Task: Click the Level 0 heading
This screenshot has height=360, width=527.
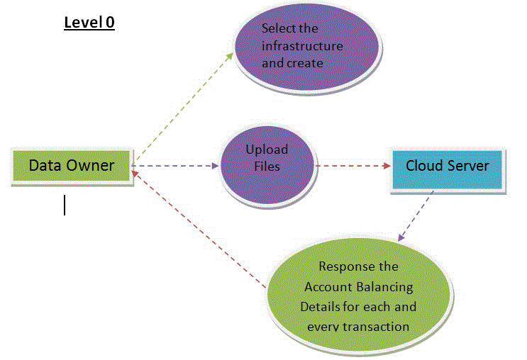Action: (x=89, y=23)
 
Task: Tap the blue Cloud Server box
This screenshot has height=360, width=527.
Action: (x=448, y=167)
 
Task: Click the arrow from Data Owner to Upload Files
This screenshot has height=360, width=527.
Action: (x=177, y=167)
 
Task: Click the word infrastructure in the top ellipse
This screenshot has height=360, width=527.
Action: (x=302, y=46)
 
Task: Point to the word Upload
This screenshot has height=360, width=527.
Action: (x=267, y=150)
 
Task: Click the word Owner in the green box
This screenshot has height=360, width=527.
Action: (x=94, y=166)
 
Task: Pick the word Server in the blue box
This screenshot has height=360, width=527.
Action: (x=468, y=167)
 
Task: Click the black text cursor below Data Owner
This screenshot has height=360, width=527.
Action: (x=65, y=205)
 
